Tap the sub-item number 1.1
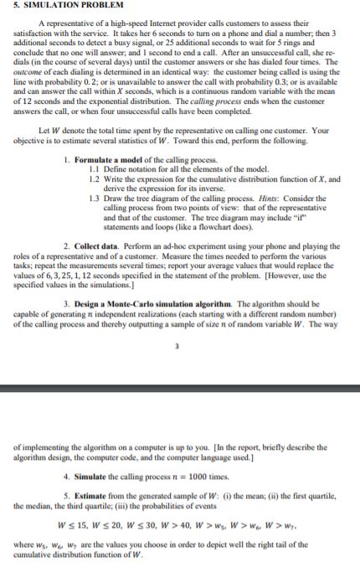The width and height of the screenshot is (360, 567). [95, 169]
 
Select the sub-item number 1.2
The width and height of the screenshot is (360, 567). [95, 178]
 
